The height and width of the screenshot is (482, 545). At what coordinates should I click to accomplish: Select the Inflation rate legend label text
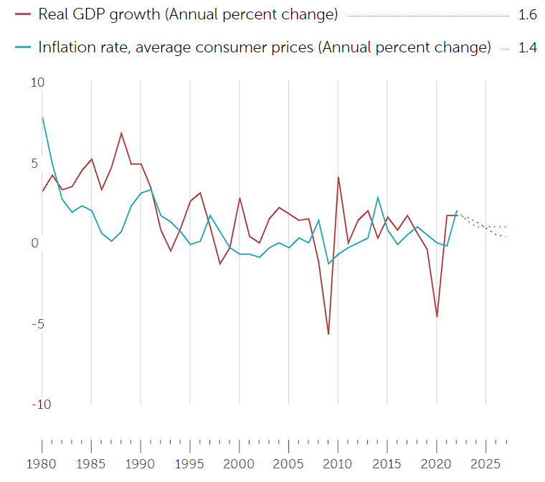tap(265, 48)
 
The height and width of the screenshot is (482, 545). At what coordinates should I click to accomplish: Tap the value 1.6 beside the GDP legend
tap(527, 14)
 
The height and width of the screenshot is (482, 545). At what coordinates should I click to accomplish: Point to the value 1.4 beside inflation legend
tap(527, 48)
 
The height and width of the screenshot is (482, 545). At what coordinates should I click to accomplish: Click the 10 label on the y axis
tap(37, 82)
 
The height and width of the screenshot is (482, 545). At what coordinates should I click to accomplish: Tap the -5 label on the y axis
tap(37, 323)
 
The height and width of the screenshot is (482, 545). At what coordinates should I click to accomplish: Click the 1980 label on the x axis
tap(42, 463)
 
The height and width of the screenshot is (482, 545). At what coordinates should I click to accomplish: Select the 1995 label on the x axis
tap(190, 463)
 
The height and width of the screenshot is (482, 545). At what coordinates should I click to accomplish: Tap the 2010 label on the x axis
tap(338, 463)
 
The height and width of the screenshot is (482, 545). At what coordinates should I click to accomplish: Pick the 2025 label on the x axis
tap(485, 463)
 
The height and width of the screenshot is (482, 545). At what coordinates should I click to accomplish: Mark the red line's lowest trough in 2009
tap(328, 334)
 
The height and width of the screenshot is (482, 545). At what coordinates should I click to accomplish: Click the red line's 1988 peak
tap(121, 133)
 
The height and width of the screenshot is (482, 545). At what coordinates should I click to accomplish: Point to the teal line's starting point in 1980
tap(42, 118)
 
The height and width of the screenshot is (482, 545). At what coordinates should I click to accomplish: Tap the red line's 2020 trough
tap(437, 316)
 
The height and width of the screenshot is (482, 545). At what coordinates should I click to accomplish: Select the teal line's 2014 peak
tap(377, 197)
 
